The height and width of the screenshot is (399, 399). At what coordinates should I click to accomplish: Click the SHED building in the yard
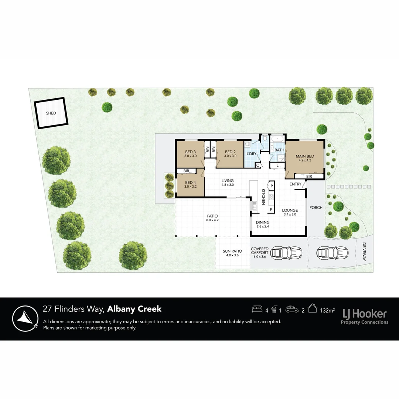pyautogui.click(x=51, y=113)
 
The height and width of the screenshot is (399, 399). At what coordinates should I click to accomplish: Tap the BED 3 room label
pyautogui.click(x=190, y=154)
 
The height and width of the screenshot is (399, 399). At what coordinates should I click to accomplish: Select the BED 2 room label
pyautogui.click(x=230, y=154)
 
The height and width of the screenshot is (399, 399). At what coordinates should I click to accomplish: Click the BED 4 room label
pyautogui.click(x=190, y=184)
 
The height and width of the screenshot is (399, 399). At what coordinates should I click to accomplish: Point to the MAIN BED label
pyautogui.click(x=305, y=158)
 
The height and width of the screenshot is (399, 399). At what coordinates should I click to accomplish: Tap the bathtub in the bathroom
pyautogui.click(x=277, y=140)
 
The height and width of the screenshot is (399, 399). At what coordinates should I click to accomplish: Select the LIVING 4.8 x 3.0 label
pyautogui.click(x=228, y=183)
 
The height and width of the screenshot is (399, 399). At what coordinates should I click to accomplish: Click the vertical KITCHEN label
pyautogui.click(x=263, y=197)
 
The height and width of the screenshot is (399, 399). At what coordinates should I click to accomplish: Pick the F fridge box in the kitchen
pyautogui.click(x=271, y=210)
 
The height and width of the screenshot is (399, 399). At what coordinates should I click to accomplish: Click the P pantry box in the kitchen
pyautogui.click(x=271, y=186)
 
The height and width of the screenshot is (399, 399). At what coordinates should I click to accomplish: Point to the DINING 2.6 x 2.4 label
pyautogui.click(x=263, y=224)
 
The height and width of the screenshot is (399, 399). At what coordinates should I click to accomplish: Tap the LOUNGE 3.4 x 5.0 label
pyautogui.click(x=290, y=212)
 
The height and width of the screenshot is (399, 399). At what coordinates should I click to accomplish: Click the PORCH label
pyautogui.click(x=316, y=208)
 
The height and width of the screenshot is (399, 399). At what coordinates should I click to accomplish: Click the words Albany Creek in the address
pyautogui.click(x=134, y=309)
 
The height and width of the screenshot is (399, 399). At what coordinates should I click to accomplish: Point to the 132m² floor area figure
pyautogui.click(x=327, y=310)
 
